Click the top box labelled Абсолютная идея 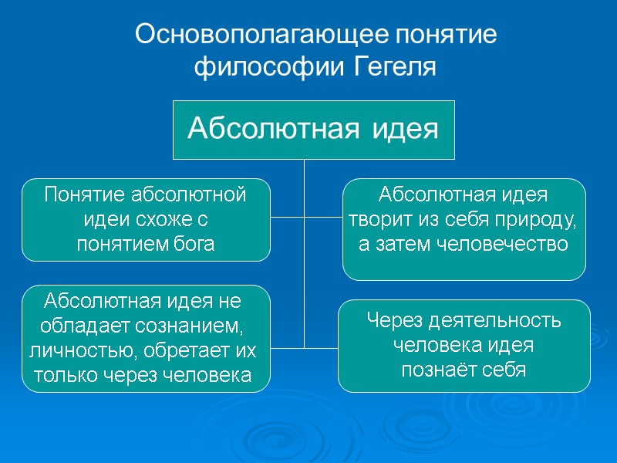(313, 128)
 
